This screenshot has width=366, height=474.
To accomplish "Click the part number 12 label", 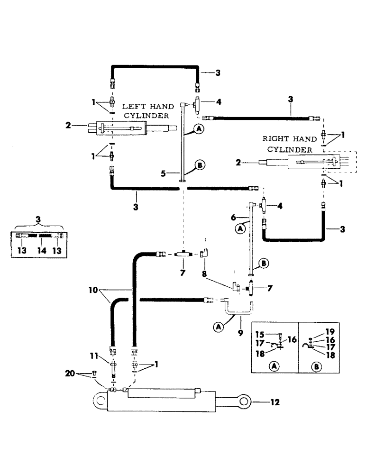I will tap(275, 403).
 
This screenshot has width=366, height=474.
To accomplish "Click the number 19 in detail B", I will tap(329, 332).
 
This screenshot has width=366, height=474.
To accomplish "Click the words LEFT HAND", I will tap(140, 107).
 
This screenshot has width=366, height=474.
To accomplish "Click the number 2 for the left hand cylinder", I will tap(69, 125).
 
